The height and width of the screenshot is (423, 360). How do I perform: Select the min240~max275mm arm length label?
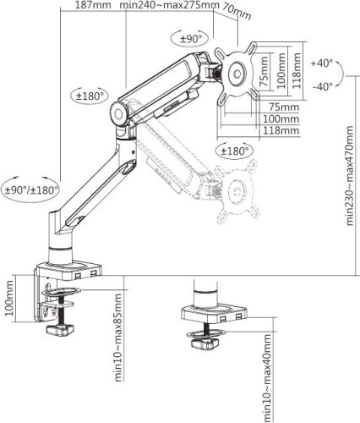[x=167, y=6]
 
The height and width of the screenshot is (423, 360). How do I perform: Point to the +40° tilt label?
[x=323, y=63]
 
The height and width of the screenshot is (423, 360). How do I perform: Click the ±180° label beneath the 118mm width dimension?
[x=235, y=151]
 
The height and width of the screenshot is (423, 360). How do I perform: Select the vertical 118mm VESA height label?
[x=296, y=71]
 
